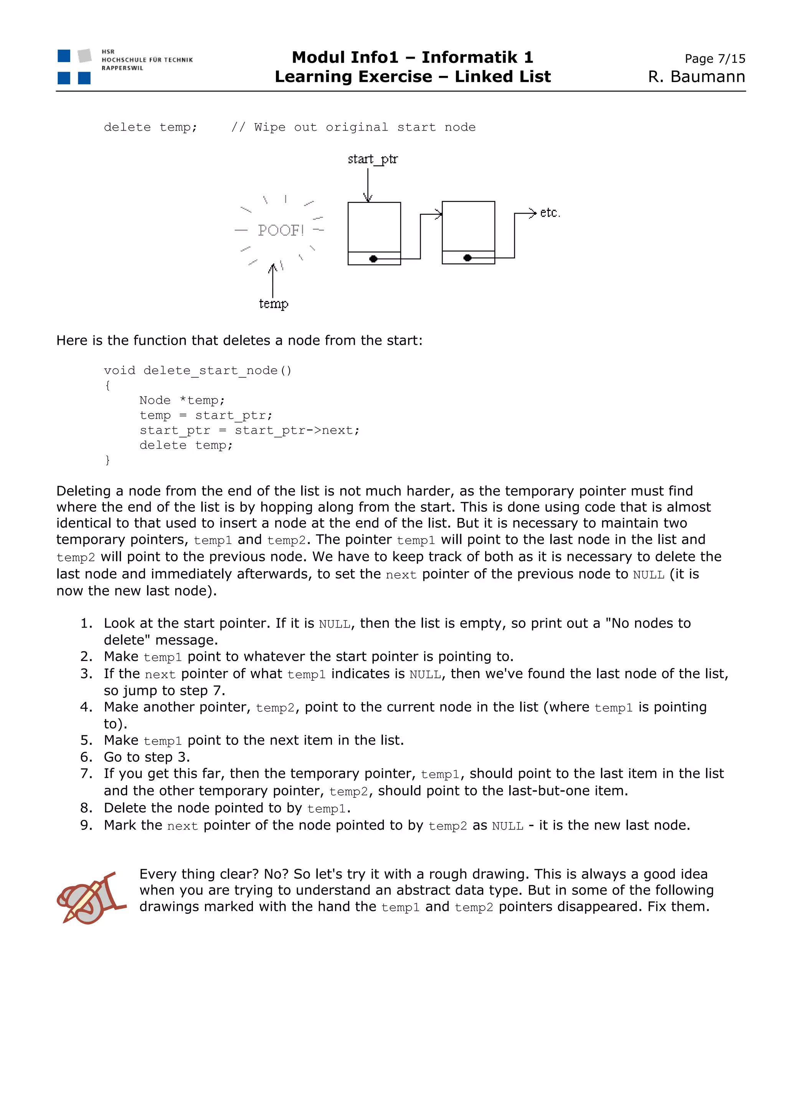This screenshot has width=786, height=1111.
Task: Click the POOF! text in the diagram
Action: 281,230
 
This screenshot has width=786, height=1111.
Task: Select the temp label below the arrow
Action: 273,304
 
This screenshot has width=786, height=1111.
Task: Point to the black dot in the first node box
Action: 373,259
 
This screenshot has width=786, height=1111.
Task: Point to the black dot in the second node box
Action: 467,258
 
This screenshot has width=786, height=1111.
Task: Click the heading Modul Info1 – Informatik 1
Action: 412,58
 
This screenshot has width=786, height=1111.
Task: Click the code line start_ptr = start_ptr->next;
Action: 249,430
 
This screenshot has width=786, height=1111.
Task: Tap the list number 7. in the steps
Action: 86,773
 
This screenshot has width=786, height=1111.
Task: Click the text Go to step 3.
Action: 147,757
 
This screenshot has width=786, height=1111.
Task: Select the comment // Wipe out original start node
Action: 353,127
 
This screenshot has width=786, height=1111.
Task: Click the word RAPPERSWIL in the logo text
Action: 122,68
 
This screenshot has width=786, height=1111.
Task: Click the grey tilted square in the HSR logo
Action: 85,56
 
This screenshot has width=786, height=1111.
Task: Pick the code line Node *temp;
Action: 182,400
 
